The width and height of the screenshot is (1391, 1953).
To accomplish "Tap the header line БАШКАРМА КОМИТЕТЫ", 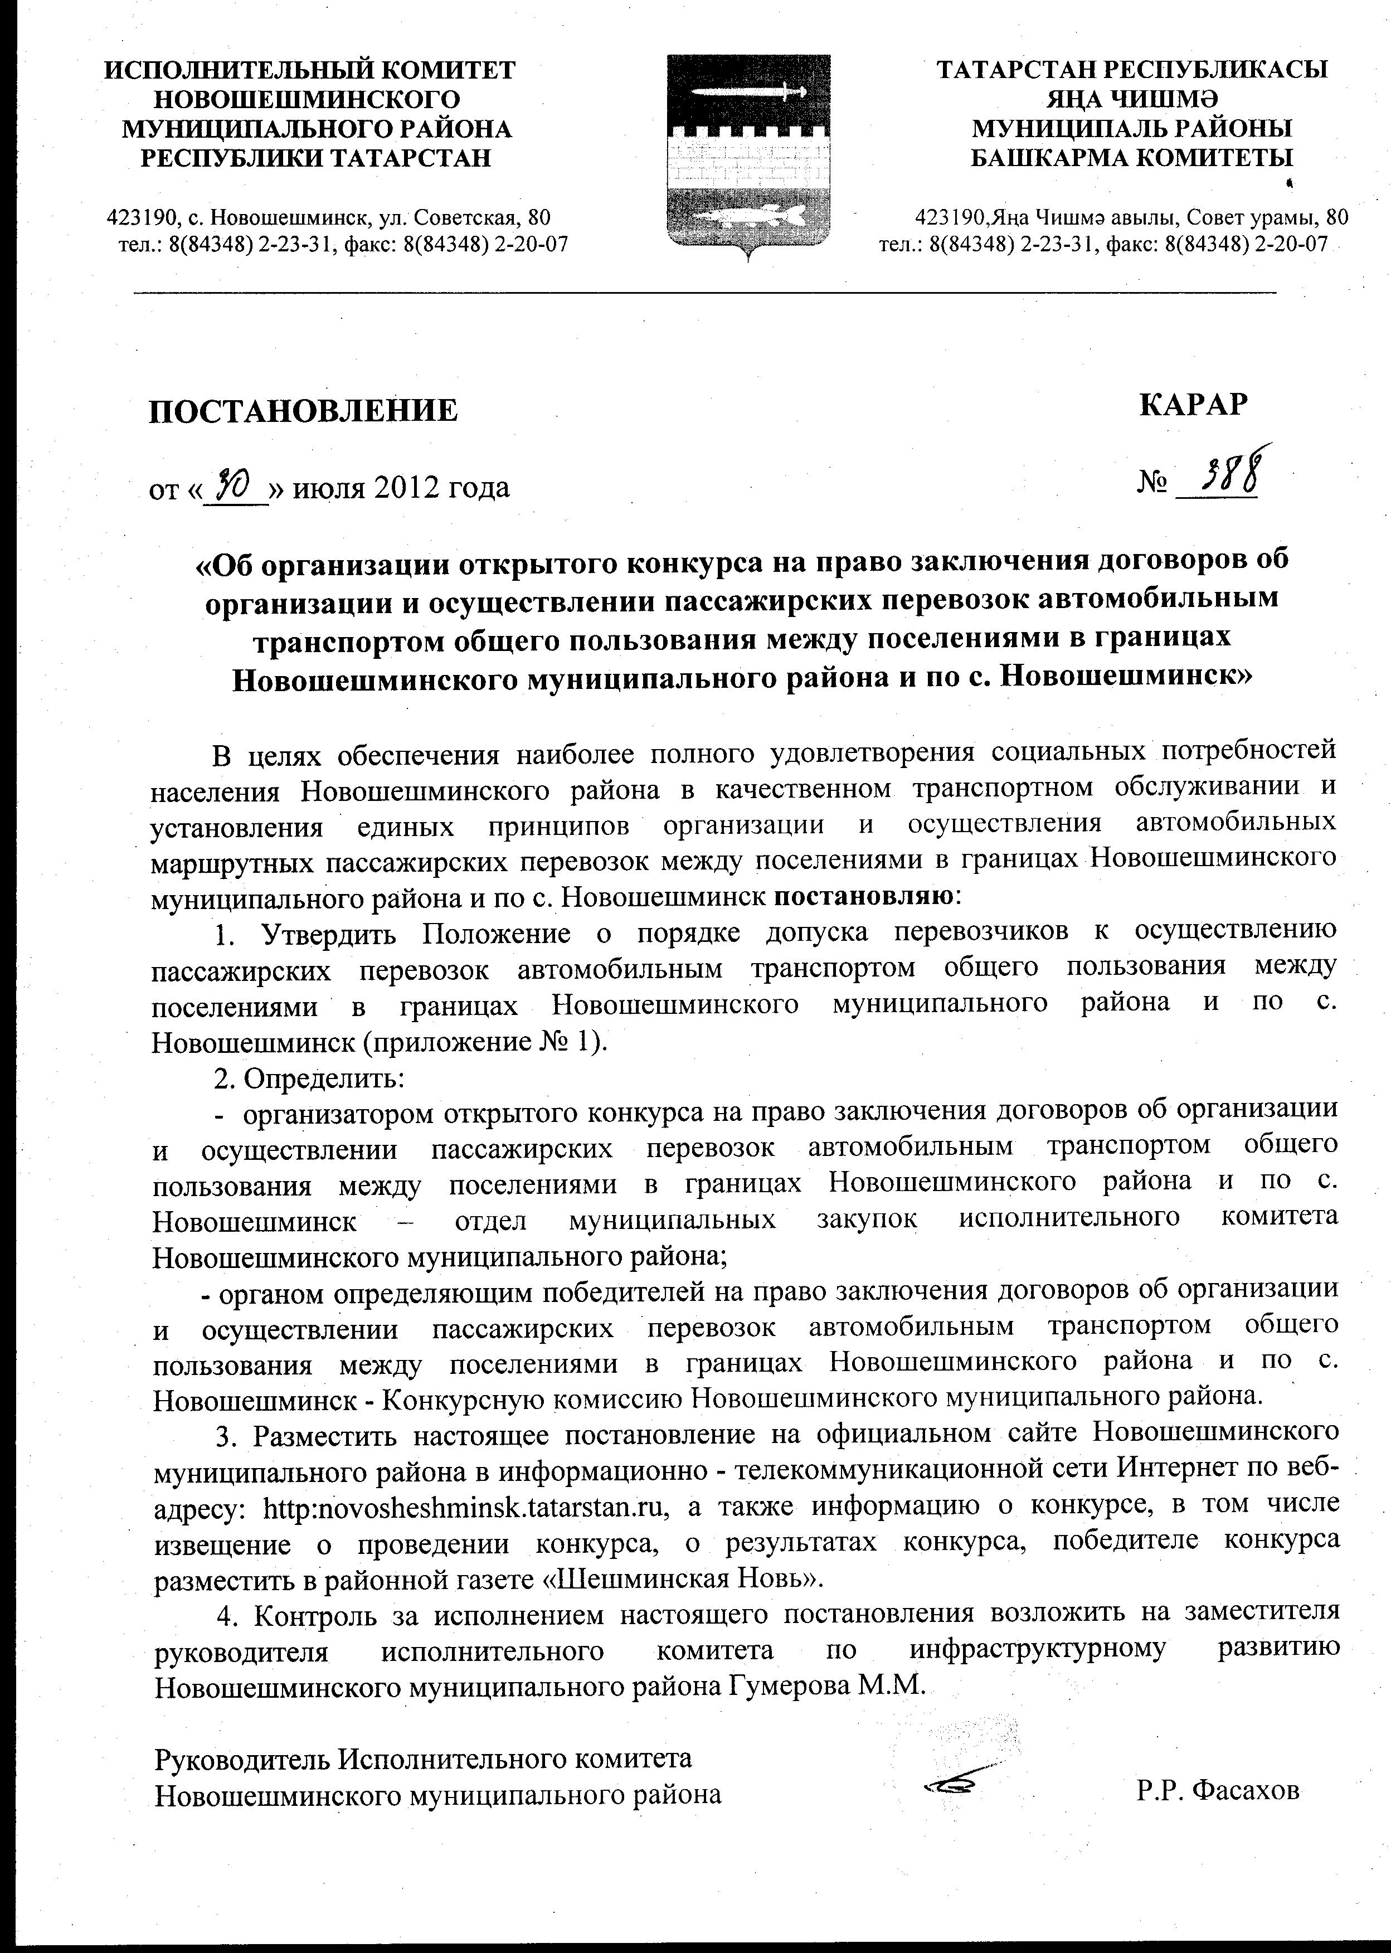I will point(1132,158).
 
